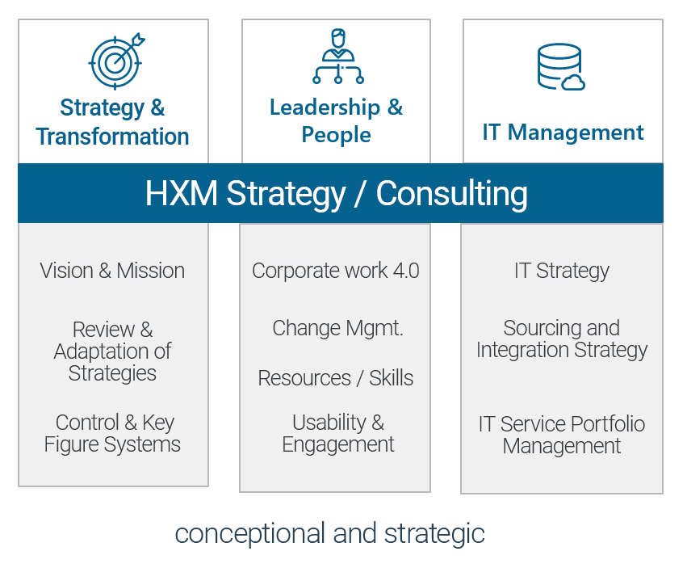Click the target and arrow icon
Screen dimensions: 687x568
116,61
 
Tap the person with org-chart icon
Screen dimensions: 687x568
337,56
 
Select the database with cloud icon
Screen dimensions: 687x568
561,67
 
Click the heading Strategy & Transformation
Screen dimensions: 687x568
112,122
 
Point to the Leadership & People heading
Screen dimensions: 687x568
336,120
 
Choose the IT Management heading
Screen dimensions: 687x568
563,132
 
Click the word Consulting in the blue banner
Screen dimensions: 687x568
452,193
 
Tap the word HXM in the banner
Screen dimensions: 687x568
182,192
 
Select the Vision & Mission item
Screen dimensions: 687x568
112,271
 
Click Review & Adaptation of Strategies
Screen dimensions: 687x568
112,351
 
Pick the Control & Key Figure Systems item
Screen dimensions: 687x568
112,433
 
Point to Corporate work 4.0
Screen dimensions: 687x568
336,271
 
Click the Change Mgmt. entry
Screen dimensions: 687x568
337,329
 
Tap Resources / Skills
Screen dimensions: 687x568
336,377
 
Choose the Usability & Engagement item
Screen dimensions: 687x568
337,433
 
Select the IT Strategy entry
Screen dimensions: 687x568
562,271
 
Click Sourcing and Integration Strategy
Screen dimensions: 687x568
562,339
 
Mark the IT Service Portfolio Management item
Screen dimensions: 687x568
562,435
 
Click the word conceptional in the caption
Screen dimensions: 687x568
249,534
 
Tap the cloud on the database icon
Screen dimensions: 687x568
573,82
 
